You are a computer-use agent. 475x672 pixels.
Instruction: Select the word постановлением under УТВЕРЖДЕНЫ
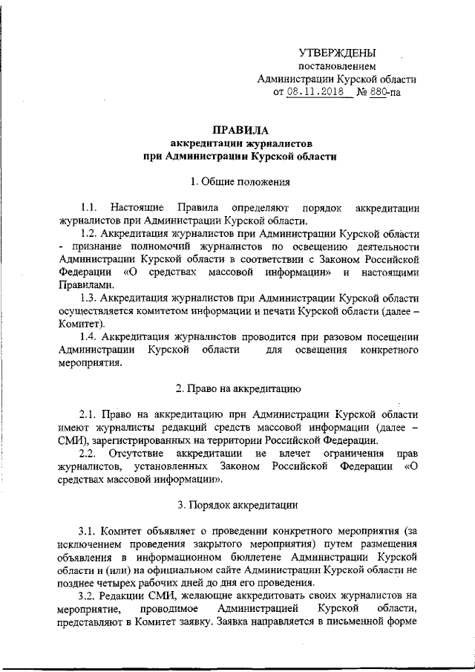coord(336,66)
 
